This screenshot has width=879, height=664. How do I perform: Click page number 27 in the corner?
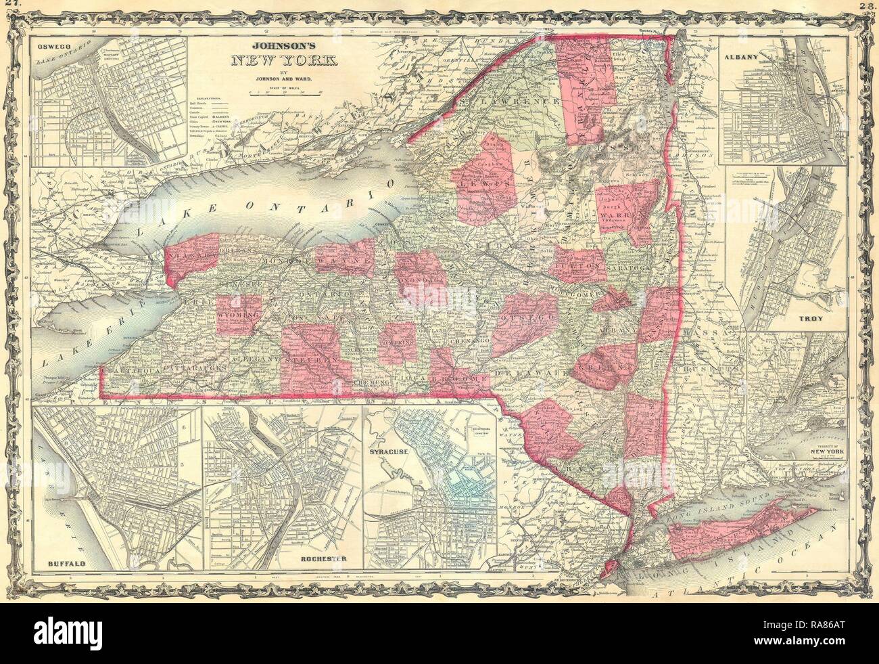coord(9,7)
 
